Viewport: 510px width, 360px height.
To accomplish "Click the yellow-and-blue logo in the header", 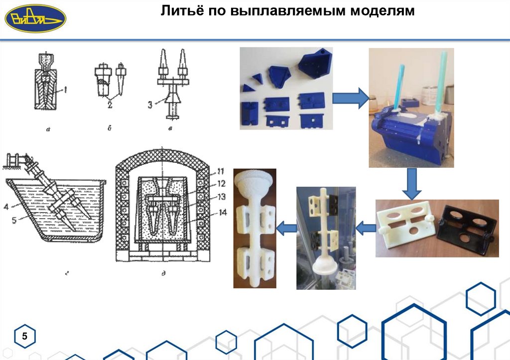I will [x=35, y=18].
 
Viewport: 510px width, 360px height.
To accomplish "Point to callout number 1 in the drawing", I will [x=63, y=90].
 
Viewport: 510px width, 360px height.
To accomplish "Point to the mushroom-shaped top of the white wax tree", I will [x=255, y=180].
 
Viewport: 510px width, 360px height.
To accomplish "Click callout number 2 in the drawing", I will [x=109, y=105].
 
